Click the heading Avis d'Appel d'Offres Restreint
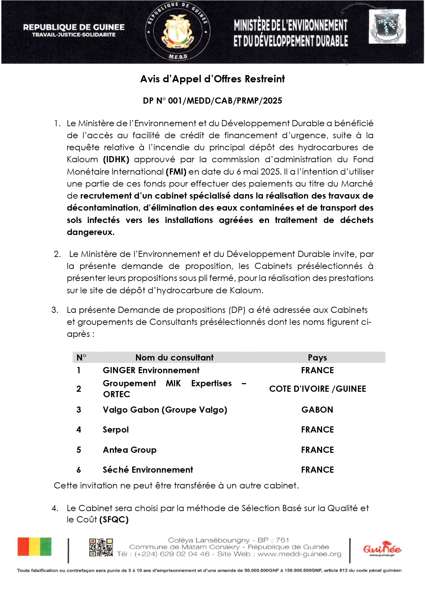[212, 79]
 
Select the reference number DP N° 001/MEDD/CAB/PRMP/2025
[212, 101]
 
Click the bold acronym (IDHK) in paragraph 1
[116, 160]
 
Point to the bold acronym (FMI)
[176, 172]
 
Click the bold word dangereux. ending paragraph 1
[90, 232]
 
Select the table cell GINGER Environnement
[151, 370]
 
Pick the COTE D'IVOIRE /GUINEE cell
[317, 389]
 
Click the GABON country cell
[317, 410]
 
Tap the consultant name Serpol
[116, 430]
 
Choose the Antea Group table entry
[129, 450]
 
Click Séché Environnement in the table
[148, 470]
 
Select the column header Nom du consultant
[174, 358]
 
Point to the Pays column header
[317, 358]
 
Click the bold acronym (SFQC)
[114, 520]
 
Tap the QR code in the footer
[101, 547]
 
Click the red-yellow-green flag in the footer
[35, 547]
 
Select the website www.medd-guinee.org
[299, 554]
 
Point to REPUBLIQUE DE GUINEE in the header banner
[74, 27]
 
